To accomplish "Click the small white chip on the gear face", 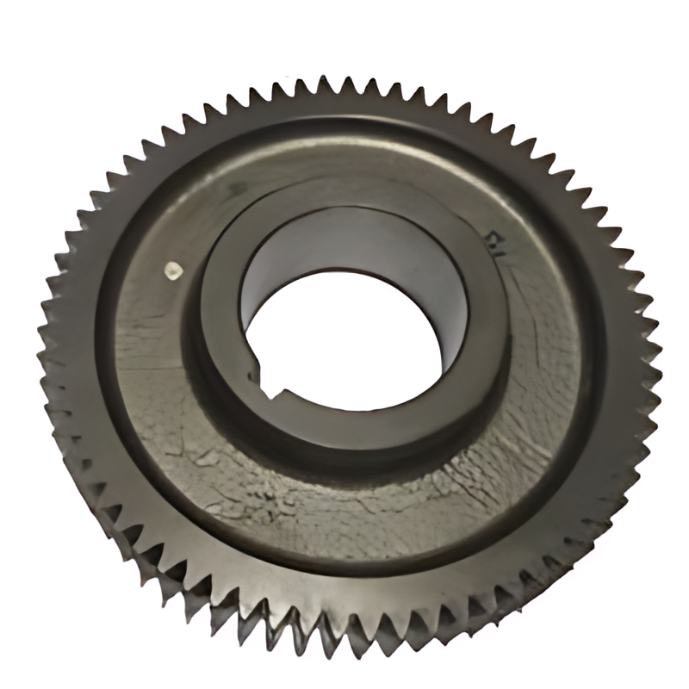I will pyautogui.click(x=172, y=270).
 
